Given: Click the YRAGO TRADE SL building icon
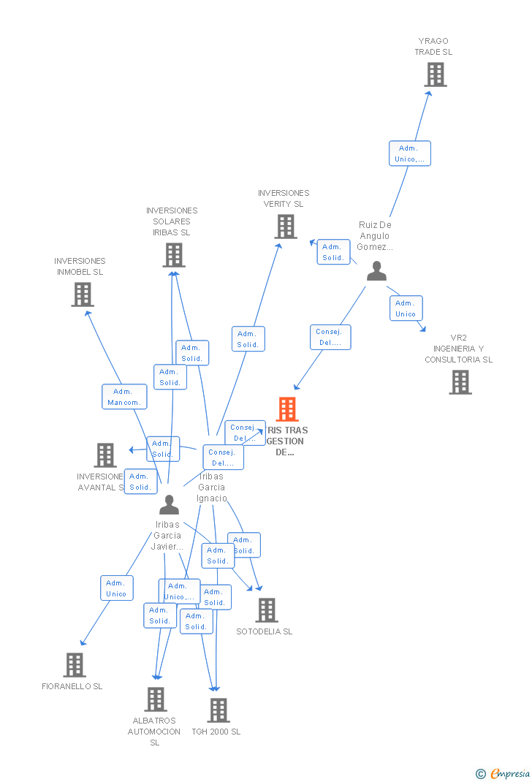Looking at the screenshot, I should [x=435, y=75].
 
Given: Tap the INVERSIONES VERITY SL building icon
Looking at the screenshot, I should [x=285, y=227].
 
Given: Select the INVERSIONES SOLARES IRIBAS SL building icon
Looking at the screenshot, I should [x=173, y=255].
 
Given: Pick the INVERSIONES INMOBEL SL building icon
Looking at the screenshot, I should [x=82, y=295].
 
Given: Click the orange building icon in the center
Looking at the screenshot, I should [x=287, y=409].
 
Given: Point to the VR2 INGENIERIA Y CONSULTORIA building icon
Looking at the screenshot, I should [x=460, y=382].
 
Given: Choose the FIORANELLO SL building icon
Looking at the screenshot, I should [x=74, y=665].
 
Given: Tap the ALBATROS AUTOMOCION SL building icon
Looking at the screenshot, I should [x=155, y=699].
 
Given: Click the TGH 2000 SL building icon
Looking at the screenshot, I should [x=218, y=710].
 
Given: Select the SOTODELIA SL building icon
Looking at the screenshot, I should [x=266, y=610].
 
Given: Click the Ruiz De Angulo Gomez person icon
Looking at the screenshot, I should [x=376, y=271].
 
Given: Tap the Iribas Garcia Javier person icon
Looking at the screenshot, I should [x=169, y=505].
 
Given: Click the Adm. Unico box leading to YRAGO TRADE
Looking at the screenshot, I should [x=409, y=153].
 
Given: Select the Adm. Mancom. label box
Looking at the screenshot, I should [x=124, y=397].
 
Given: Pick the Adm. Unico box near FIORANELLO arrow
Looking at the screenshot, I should [x=117, y=588].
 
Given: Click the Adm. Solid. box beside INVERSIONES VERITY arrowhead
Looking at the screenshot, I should [x=333, y=252].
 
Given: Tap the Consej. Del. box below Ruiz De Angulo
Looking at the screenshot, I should [x=330, y=337].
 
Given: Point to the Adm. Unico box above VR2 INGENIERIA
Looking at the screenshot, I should [x=406, y=308].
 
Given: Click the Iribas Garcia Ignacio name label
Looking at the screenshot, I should [x=212, y=487].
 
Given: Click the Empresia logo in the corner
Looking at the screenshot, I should [x=503, y=773].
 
